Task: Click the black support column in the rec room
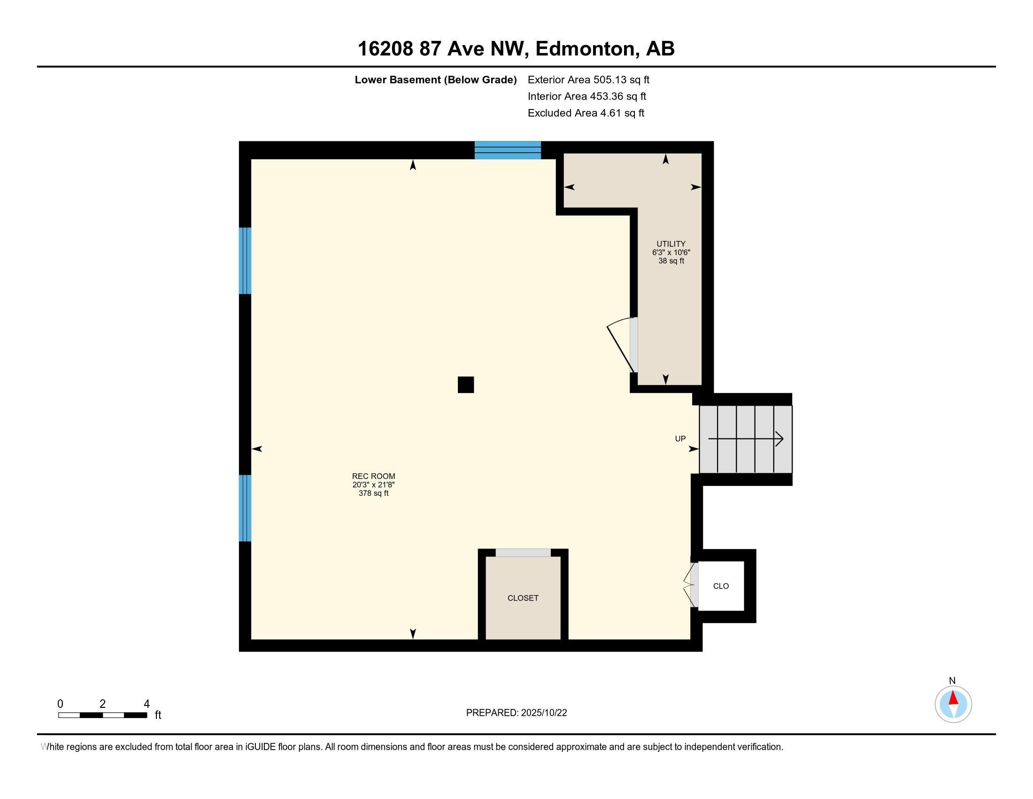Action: [x=465, y=385]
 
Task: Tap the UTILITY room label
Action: [x=671, y=244]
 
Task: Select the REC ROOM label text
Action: [x=373, y=476]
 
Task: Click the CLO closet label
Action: [x=720, y=586]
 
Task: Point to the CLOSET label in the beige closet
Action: [x=523, y=598]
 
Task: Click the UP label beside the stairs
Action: [x=680, y=439]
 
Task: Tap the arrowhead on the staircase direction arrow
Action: [x=779, y=439]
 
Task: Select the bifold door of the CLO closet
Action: [x=691, y=586]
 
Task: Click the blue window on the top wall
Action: [x=508, y=149]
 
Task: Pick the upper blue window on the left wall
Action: [x=245, y=261]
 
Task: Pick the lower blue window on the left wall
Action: [x=245, y=508]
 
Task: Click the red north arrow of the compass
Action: [x=953, y=698]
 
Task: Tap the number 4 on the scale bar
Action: [x=146, y=704]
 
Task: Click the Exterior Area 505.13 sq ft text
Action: [x=588, y=80]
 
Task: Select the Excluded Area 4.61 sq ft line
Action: [x=586, y=113]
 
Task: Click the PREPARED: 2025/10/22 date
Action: [x=516, y=713]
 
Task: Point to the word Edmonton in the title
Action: [x=584, y=49]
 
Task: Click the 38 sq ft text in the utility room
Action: [x=671, y=261]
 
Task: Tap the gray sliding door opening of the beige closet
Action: [x=523, y=553]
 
